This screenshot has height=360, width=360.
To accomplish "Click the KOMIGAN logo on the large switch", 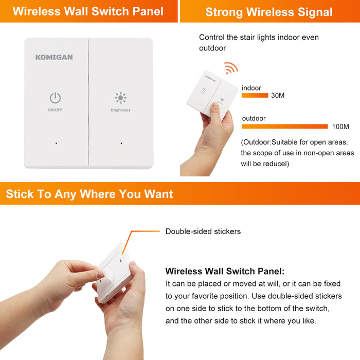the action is pos(54,57).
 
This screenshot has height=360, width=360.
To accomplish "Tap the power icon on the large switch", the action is pos(56,98).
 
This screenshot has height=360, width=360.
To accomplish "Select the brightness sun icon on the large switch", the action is pos(120,98).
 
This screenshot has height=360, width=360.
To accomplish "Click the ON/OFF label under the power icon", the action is pos(55,110).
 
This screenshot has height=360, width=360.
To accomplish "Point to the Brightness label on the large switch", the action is pos(120,110).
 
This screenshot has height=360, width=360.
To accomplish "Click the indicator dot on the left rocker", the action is pos(56,143).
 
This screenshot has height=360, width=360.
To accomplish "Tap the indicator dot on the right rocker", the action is pos(121,143).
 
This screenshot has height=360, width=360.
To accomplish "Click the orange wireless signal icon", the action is pos(231,68).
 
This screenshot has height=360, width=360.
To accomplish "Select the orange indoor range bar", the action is pos(255,96).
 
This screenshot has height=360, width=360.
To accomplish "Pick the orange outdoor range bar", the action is pos(285,127).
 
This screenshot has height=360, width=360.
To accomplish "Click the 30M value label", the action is pos(278,95).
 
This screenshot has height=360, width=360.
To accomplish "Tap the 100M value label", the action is pos(340,127).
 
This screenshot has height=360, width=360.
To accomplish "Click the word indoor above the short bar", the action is pos(251,88).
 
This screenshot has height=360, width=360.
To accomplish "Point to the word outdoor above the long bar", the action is pos(254,118).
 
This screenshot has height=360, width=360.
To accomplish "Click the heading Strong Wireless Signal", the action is pos(269,12).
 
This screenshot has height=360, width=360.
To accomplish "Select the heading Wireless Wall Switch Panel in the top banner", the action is pos(88,11).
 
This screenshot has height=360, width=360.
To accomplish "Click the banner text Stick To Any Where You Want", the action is pos(89,194).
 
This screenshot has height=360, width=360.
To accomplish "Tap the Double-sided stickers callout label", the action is pos(203,231).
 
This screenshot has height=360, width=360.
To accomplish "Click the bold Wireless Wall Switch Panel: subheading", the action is pos(225,271).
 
